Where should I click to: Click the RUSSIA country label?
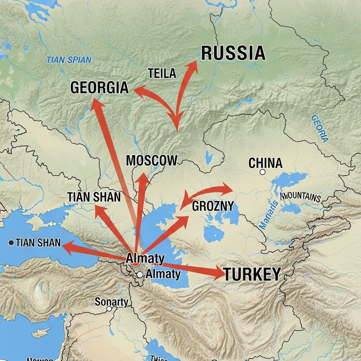tap(233, 53)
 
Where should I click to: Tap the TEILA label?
tap(162, 74)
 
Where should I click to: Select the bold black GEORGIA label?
tap(99, 88)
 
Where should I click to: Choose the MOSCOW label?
tap(152, 160)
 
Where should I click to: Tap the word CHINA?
tap(265, 163)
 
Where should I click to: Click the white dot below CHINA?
tap(263, 172)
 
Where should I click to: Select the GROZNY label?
tap(213, 207)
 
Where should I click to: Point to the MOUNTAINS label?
tap(301, 197)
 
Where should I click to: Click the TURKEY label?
tap(252, 274)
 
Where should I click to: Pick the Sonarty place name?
tap(111, 302)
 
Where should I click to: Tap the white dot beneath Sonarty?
tap(109, 309)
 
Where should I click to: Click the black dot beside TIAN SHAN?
tap(11, 243)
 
